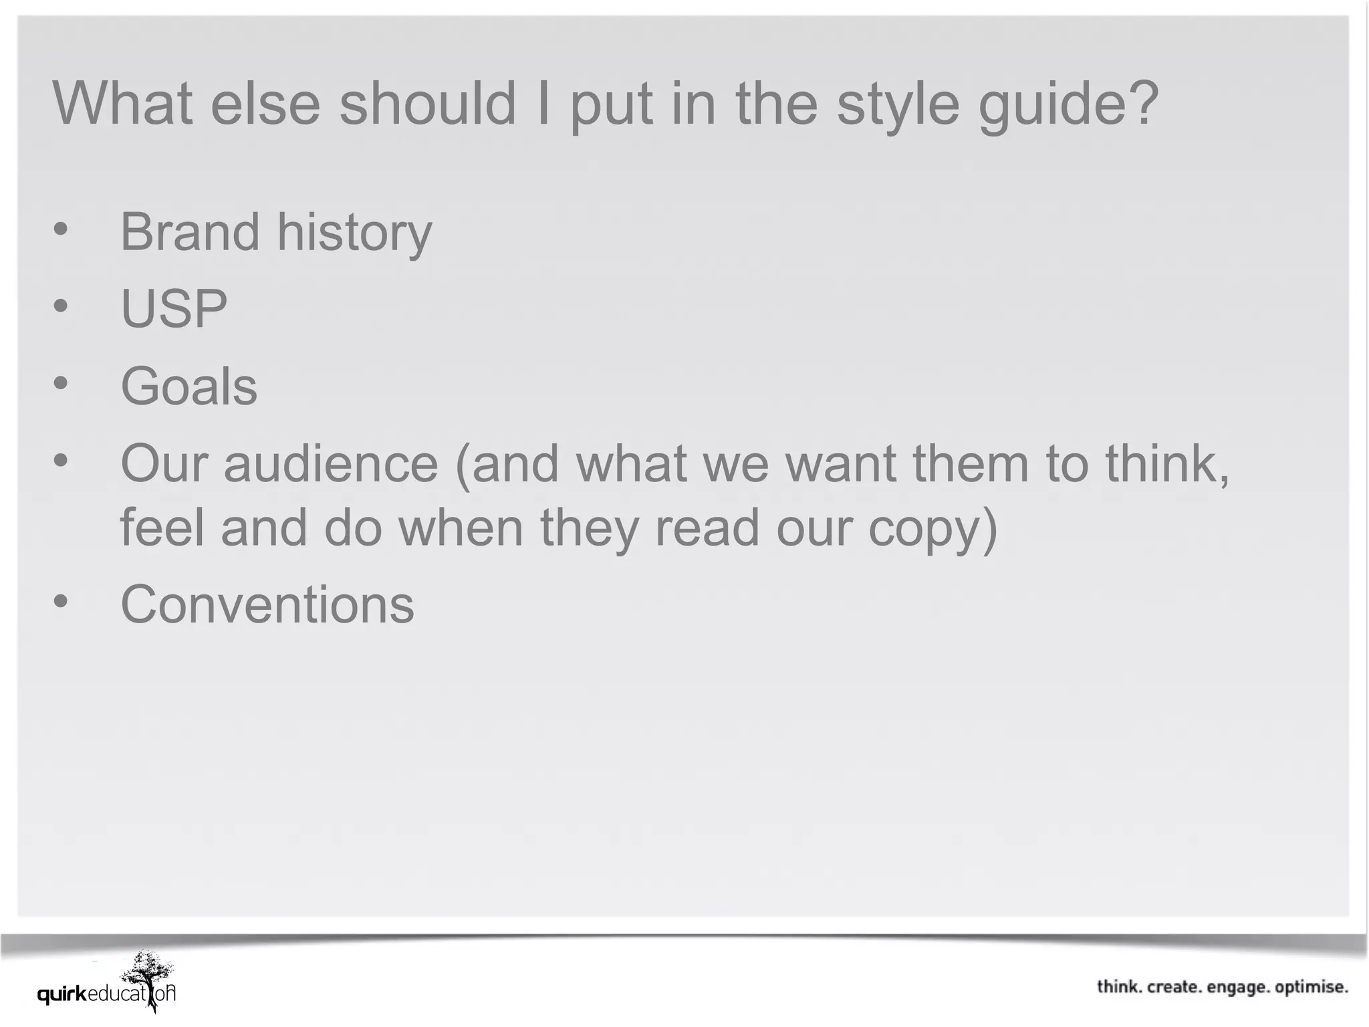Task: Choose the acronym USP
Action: pos(174,309)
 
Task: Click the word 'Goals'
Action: pos(189,386)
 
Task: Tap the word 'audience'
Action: pos(331,463)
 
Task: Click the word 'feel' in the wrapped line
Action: pos(162,528)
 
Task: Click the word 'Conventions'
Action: pos(267,604)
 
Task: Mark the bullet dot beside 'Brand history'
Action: pos(61,229)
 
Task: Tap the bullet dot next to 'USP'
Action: pos(61,306)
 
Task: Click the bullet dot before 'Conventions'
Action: pos(61,601)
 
